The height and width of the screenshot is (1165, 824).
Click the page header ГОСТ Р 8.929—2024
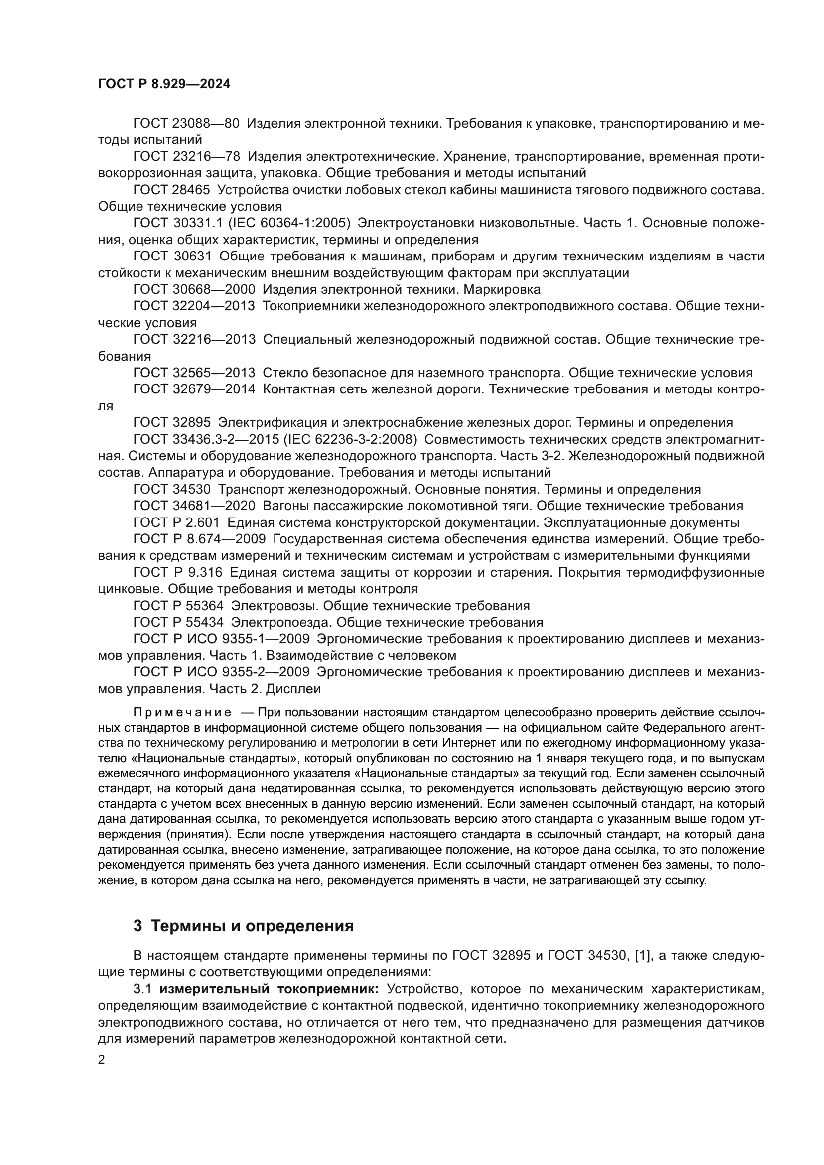164,84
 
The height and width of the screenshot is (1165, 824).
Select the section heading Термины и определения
253,926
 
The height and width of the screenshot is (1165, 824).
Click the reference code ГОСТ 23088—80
186,124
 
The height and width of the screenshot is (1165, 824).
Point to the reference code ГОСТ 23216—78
186,157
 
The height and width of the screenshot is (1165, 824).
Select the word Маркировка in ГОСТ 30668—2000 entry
502,290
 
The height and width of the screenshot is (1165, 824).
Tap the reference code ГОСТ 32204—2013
194,306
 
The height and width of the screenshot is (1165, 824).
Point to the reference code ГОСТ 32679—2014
194,389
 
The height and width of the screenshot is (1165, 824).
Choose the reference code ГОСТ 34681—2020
194,506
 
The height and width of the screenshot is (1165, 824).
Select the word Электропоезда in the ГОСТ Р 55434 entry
279,623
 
